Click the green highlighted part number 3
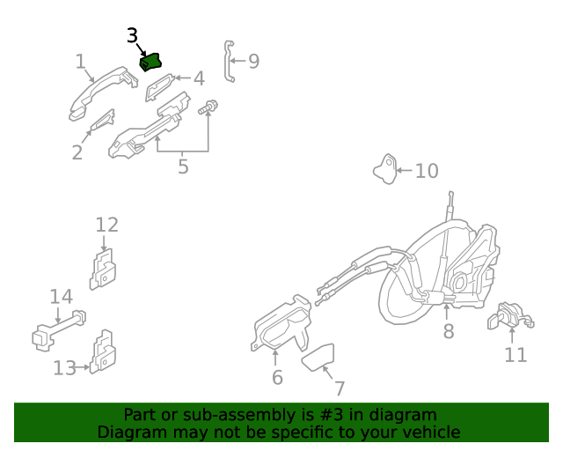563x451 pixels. point(152,63)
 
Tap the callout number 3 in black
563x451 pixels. point(132,35)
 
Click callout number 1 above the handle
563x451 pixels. point(80,62)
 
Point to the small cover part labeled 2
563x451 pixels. point(101,122)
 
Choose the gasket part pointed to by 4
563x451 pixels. point(160,87)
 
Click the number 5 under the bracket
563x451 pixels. point(182,166)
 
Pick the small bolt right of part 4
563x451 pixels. point(209,108)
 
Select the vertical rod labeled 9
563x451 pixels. point(229,61)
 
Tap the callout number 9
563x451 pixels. point(253,61)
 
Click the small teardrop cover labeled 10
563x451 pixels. point(385,167)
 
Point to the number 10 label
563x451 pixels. point(426,170)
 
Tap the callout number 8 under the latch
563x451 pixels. point(448,331)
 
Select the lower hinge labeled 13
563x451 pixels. point(103,351)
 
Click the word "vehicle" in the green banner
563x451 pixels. point(429,432)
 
